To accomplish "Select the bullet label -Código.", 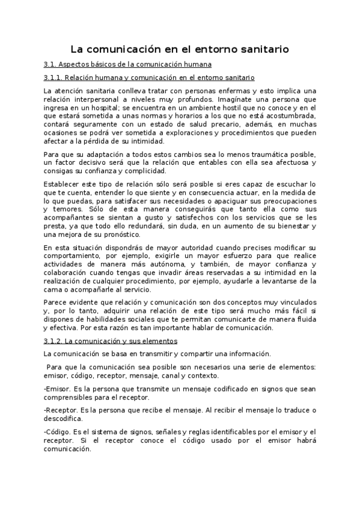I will click(x=56, y=432).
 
